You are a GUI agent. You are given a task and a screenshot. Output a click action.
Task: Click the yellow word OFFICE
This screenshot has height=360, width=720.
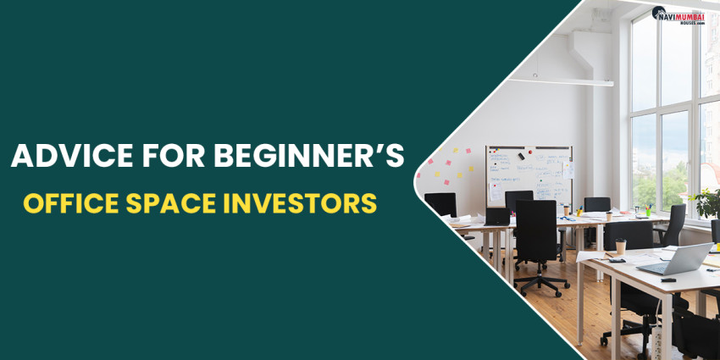tap(71, 204)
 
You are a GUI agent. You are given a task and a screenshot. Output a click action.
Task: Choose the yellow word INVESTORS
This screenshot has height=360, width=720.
tap(301, 204)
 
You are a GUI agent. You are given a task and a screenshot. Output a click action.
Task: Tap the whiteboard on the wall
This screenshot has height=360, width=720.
tap(529, 174)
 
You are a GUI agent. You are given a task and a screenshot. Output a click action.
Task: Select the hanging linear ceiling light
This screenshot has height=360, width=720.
tap(573, 82)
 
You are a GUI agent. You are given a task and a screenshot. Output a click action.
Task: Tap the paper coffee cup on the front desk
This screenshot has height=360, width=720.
tap(620, 247)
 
